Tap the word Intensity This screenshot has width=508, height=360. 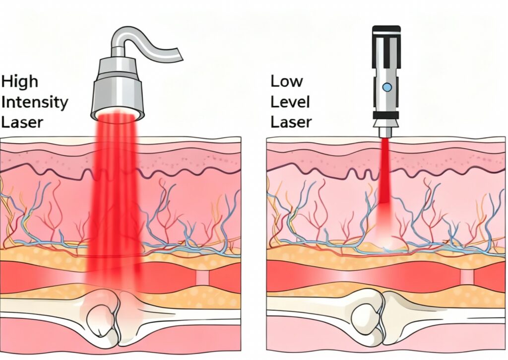(x=35, y=102)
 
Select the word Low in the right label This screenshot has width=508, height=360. (x=287, y=81)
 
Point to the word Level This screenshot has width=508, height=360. (x=291, y=102)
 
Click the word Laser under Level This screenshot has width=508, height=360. (x=291, y=122)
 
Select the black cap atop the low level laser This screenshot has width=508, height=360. (x=386, y=30)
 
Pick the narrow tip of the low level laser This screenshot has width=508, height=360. (x=386, y=132)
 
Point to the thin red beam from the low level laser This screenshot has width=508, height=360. (x=386, y=169)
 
